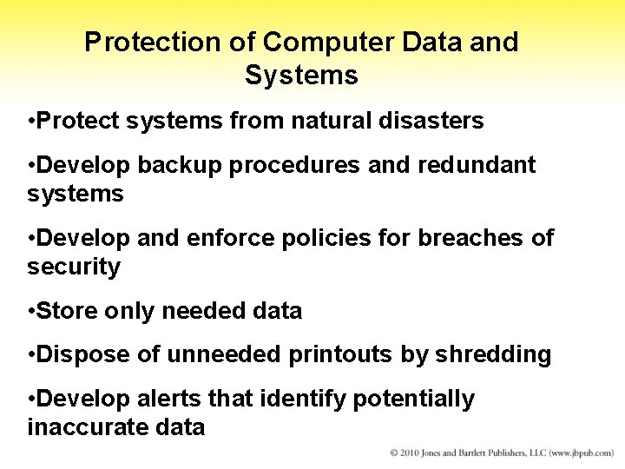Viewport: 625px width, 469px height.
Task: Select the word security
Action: [74, 268]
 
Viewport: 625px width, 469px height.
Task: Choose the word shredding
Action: [493, 354]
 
